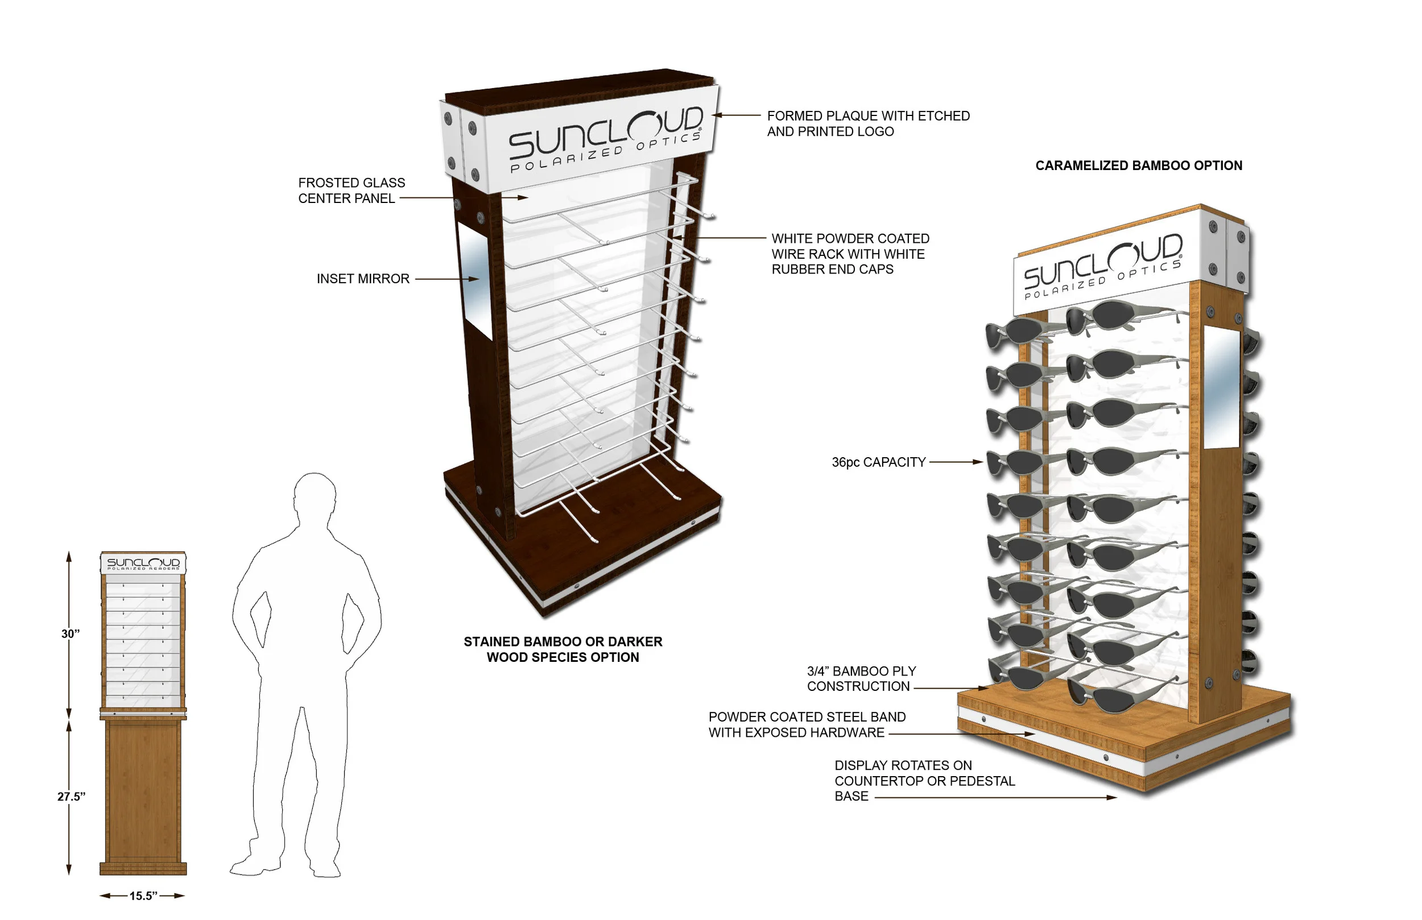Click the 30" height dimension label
tap(71, 634)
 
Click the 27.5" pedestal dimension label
tap(71, 797)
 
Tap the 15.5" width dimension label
tap(143, 896)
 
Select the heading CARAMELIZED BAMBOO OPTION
tap(1138, 165)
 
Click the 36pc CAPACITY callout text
tap(878, 462)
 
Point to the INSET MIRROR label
tap(363, 279)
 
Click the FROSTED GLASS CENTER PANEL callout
tap(352, 190)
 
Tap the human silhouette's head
tap(315, 496)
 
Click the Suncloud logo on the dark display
tap(605, 139)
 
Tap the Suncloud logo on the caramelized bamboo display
tap(1103, 267)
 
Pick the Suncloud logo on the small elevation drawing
tap(143, 563)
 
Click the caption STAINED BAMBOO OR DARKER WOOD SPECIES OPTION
tap(563, 649)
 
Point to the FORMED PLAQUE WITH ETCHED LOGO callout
tap(868, 123)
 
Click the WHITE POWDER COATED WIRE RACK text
tap(850, 254)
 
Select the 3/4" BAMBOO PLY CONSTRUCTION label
tap(861, 679)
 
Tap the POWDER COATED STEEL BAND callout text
tap(807, 724)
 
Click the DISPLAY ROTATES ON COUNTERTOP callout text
tap(924, 780)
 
